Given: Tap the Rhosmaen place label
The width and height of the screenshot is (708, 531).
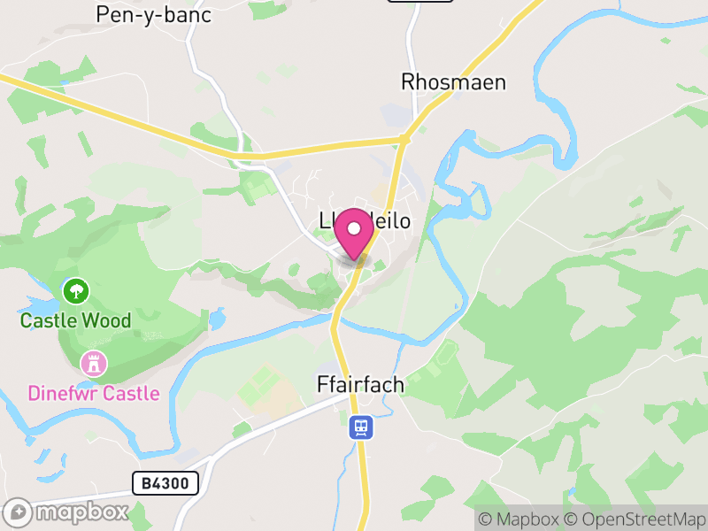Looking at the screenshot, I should click(x=453, y=82).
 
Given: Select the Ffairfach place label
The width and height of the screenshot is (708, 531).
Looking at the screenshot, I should click(x=360, y=385).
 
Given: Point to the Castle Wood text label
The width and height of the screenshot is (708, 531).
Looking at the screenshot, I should click(x=75, y=320).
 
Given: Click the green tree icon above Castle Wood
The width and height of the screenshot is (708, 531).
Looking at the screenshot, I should click(x=75, y=290).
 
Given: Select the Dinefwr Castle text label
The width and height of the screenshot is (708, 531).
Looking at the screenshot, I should click(x=94, y=393).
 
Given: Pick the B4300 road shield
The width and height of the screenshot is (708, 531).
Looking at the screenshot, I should click(x=165, y=483).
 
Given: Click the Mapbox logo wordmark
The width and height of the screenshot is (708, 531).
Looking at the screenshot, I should click(x=81, y=512).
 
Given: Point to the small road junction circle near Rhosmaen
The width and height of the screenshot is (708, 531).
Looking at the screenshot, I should click(x=404, y=139).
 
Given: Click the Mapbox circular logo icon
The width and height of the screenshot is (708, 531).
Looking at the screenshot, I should click(x=19, y=512).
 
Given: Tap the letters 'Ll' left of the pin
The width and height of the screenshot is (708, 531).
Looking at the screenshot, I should click(x=329, y=220).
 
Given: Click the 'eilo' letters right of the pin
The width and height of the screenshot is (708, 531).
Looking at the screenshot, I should click(x=392, y=220).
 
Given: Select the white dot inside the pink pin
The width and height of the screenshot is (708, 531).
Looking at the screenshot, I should click(x=355, y=227).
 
